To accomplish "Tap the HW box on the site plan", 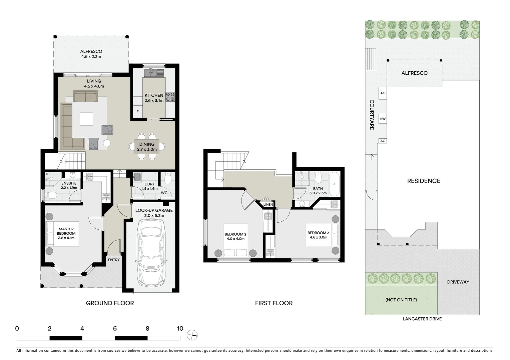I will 383,119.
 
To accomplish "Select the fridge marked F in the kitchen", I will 137,112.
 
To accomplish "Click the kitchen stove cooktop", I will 170,97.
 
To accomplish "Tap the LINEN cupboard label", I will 268,204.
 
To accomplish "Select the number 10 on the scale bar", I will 180,329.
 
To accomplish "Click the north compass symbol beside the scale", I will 192,335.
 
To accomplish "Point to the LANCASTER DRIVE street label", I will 422,319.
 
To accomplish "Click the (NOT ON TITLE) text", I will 401,300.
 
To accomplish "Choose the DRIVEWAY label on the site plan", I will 458,282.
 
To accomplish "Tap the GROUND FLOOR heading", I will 110,303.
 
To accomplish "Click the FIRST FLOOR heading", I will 274,303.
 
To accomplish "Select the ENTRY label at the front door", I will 114,260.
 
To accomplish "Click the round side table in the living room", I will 107,143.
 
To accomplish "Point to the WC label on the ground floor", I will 164,193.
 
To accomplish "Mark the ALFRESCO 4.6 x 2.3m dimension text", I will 91,57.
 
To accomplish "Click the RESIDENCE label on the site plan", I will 424,181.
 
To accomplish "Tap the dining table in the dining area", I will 147,147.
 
